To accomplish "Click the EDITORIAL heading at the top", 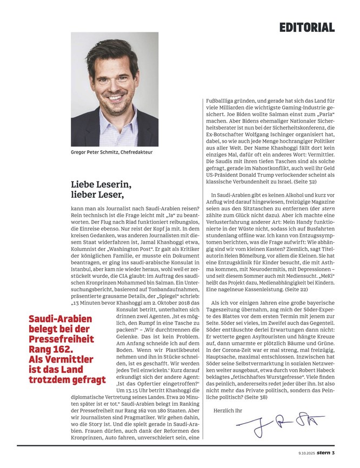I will click(307, 27).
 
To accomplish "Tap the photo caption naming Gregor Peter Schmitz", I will click(112, 152).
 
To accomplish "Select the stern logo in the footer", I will click(323, 453).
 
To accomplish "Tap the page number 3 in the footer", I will click(334, 453).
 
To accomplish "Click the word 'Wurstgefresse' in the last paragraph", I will click(269, 372).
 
